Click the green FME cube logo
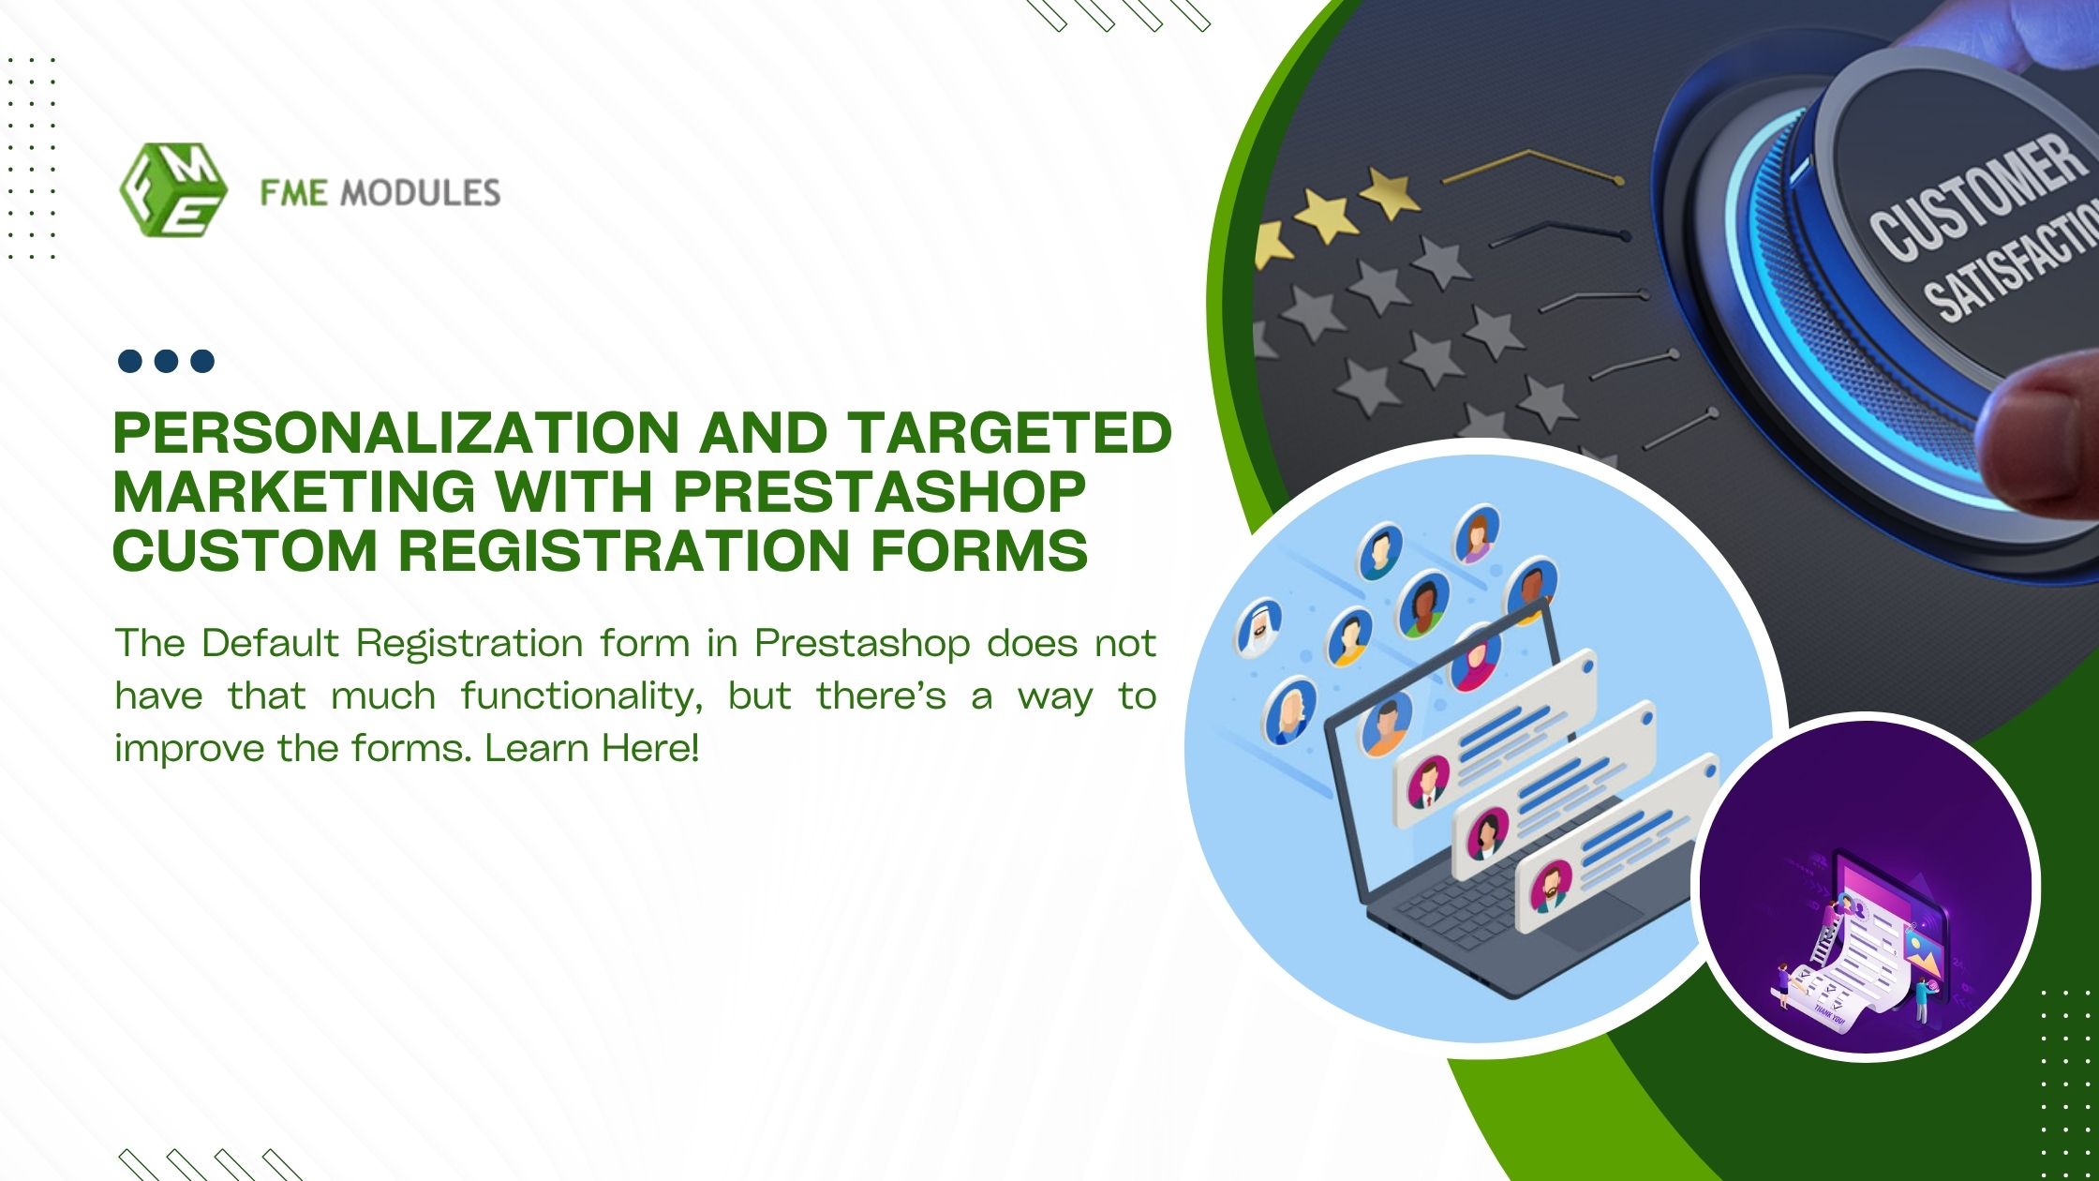173,189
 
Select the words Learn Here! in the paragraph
592,749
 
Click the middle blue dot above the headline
166,361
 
